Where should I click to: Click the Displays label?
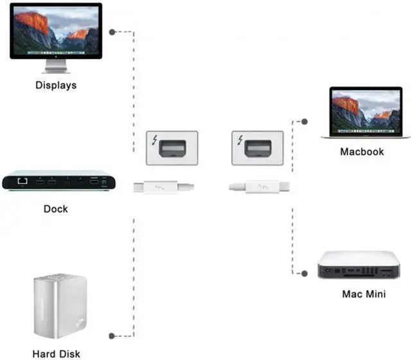click(55, 85)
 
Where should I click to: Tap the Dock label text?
click(55, 209)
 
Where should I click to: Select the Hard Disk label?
click(56, 353)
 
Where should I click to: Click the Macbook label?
click(362, 152)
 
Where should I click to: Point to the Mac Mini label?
click(364, 295)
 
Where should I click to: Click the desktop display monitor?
click(55, 32)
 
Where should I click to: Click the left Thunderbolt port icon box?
click(171, 149)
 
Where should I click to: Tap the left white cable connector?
click(163, 188)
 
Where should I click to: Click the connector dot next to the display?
click(112, 32)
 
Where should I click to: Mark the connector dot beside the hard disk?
click(112, 335)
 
